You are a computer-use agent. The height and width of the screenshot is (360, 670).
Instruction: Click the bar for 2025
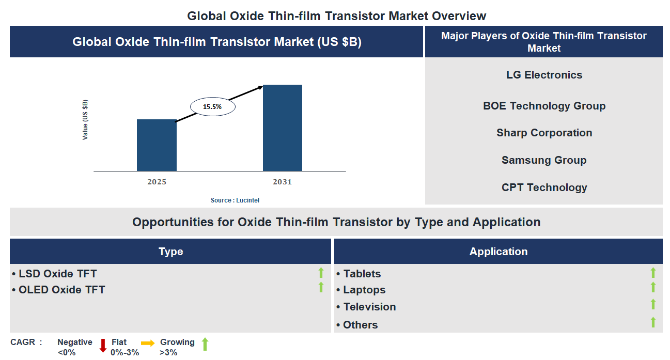(157, 145)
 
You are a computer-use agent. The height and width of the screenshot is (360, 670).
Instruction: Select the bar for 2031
(283, 128)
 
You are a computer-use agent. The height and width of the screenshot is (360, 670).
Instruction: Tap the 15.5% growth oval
(212, 107)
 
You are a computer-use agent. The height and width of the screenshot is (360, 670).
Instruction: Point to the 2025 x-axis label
(157, 182)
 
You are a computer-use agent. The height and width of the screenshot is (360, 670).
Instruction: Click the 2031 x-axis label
(283, 182)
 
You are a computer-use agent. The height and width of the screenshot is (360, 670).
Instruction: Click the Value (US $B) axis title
(85, 120)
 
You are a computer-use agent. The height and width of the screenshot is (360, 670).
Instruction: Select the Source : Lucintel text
(235, 200)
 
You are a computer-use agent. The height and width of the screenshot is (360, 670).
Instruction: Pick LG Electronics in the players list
(544, 75)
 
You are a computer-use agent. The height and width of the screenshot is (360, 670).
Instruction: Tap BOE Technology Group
(544, 106)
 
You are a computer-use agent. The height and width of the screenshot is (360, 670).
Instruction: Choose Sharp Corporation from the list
(544, 133)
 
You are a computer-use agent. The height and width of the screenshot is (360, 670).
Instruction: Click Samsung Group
(544, 160)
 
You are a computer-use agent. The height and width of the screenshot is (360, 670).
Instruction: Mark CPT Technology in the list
(544, 187)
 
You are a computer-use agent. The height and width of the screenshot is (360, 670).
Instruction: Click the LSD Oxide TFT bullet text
(57, 274)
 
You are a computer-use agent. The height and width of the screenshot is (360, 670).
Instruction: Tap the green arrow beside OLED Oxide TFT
(321, 287)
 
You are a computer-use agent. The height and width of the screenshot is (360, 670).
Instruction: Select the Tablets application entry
(362, 274)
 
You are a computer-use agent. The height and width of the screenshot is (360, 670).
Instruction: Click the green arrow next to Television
(653, 304)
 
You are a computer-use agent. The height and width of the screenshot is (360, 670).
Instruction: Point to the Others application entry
(360, 325)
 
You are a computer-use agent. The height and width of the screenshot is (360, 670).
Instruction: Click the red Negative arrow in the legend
(103, 345)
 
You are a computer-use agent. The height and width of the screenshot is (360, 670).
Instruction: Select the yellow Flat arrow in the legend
(148, 343)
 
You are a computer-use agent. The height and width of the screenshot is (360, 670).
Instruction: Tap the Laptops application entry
(364, 290)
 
